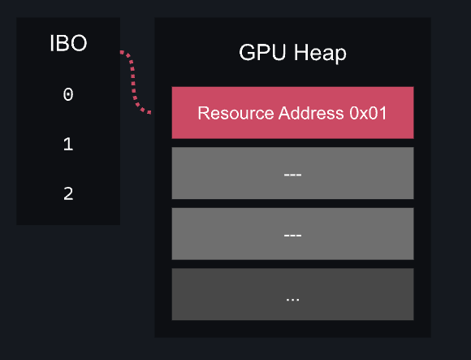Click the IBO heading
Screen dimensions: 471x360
click(68, 43)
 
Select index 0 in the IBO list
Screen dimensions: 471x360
click(68, 94)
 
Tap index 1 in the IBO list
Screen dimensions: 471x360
click(68, 144)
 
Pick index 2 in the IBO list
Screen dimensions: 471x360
click(68, 193)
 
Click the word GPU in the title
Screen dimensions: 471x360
click(262, 52)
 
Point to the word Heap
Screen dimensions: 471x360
click(320, 54)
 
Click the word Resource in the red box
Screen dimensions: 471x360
click(235, 113)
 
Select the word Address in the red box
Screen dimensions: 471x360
click(311, 113)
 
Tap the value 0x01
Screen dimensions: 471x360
click(368, 113)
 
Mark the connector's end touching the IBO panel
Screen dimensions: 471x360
click(121, 52)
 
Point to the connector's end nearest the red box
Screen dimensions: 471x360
click(149, 113)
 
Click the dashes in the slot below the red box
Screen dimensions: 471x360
click(292, 174)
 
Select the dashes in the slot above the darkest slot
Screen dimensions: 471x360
click(292, 235)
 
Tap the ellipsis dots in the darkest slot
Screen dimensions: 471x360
click(292, 300)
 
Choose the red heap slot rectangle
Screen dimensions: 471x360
click(292, 113)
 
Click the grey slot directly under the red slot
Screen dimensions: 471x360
click(292, 173)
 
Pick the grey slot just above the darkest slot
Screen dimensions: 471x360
click(292, 234)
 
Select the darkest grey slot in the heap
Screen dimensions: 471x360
click(292, 294)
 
